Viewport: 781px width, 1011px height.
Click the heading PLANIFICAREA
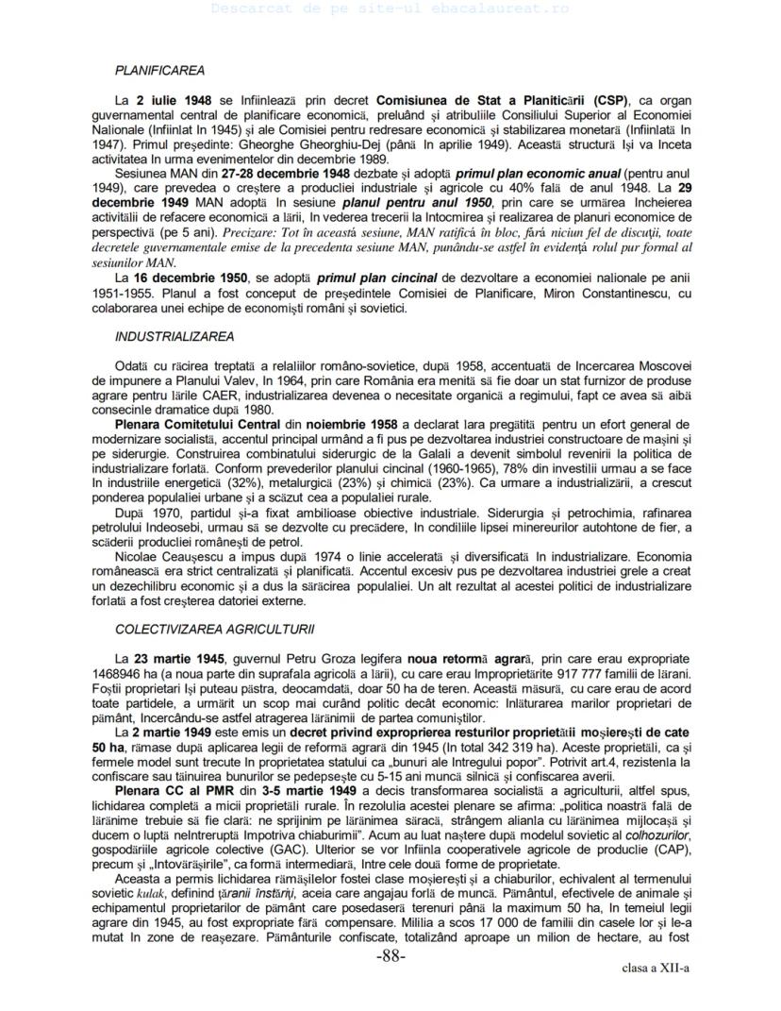pyautogui.click(x=159, y=70)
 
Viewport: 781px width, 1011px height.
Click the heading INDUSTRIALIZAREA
pyautogui.click(x=174, y=336)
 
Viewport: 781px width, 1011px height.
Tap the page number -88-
pyautogui.click(x=390, y=957)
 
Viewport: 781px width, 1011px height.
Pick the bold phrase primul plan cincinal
pyautogui.click(x=376, y=278)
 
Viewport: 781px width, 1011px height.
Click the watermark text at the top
pyautogui.click(x=390, y=8)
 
